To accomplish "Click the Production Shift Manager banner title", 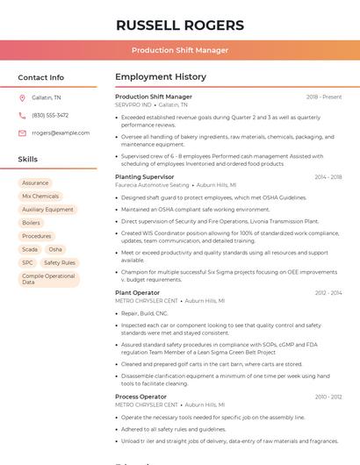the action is point(180,51).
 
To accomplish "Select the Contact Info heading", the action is point(40,78).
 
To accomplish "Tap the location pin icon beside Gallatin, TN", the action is point(22,97).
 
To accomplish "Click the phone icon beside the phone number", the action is point(22,115).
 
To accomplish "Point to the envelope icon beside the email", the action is point(22,133).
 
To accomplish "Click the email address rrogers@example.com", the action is point(61,133).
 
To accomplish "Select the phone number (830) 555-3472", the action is point(50,115).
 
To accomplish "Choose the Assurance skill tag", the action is point(35,183).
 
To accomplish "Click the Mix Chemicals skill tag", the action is point(40,197).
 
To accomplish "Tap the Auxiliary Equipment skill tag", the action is point(47,210).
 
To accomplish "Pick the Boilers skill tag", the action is point(31,223).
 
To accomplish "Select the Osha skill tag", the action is point(55,249).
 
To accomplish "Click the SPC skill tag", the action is point(27,262).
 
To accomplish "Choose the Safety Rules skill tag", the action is point(60,262).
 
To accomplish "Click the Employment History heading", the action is point(161,77).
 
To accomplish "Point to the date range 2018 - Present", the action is point(323,97).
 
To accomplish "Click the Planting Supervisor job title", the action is point(145,177).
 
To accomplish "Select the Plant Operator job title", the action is point(138,293).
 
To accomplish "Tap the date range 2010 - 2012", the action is point(328,397).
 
